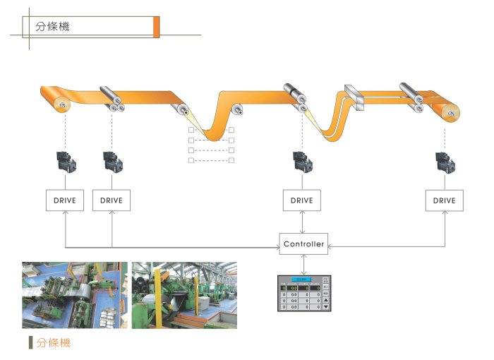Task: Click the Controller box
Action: coord(303,244)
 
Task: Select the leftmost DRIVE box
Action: coord(65,200)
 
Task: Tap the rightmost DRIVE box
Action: coord(444,200)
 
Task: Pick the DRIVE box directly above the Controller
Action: coord(301,200)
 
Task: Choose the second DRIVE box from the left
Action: coord(112,200)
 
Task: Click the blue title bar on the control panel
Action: coord(302,280)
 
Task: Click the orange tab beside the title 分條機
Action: coord(156,27)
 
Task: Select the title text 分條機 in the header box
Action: coord(52,27)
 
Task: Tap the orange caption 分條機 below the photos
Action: coord(54,343)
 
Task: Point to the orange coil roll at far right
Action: coord(447,112)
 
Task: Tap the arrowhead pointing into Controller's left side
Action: coord(277,247)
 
